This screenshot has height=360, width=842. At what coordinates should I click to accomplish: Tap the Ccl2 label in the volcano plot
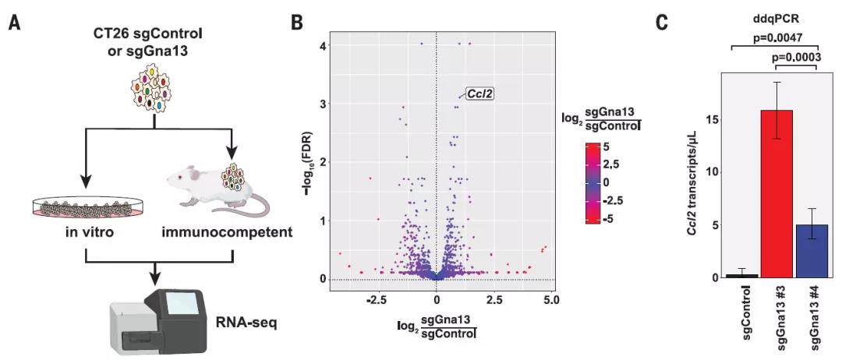coord(480,94)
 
